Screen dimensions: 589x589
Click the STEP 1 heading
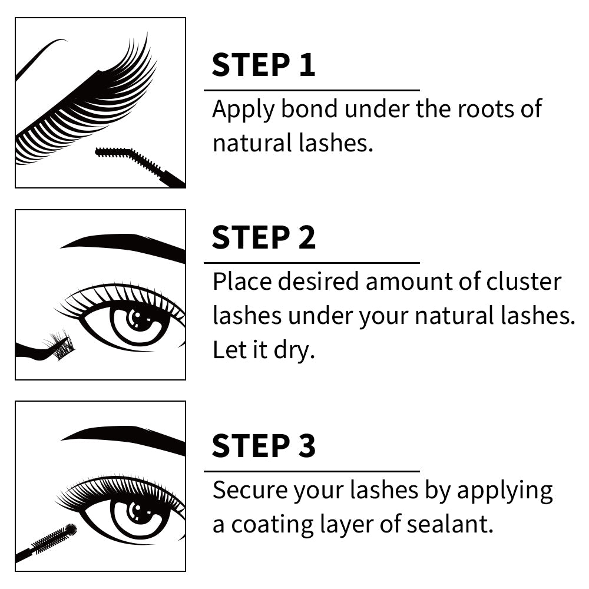(x=263, y=65)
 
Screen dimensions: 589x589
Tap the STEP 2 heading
(x=264, y=237)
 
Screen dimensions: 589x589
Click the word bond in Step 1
(x=309, y=108)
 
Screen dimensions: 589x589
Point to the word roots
(x=486, y=110)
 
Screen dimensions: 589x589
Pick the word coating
(x=272, y=525)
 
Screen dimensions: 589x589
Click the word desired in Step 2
(x=318, y=281)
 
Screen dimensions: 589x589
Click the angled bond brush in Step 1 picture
(x=139, y=166)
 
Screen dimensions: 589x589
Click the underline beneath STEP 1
(x=312, y=90)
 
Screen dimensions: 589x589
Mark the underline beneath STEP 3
(x=312, y=471)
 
